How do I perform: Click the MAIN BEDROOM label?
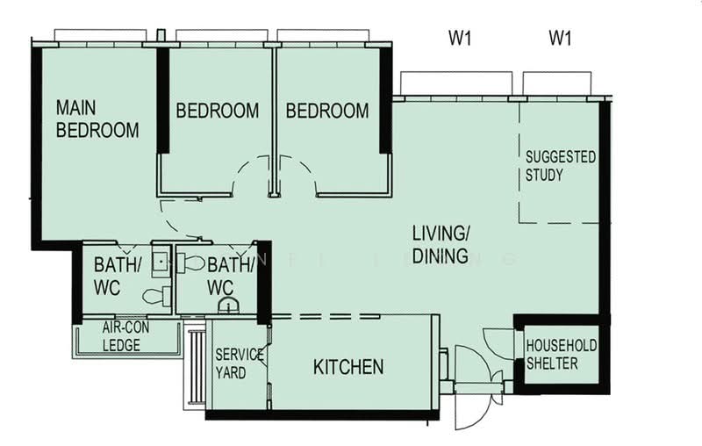click(97, 119)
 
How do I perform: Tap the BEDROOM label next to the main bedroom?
click(217, 111)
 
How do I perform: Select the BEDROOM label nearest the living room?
click(327, 111)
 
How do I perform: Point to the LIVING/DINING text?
click(442, 245)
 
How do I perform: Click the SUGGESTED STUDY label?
click(560, 166)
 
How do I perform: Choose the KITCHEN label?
click(348, 367)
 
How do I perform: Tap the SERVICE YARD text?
click(239, 363)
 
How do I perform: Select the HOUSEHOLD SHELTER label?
click(562, 355)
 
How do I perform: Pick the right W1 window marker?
click(560, 38)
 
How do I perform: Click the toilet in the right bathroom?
click(192, 263)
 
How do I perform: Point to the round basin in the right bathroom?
click(227, 306)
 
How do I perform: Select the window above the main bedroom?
click(100, 35)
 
